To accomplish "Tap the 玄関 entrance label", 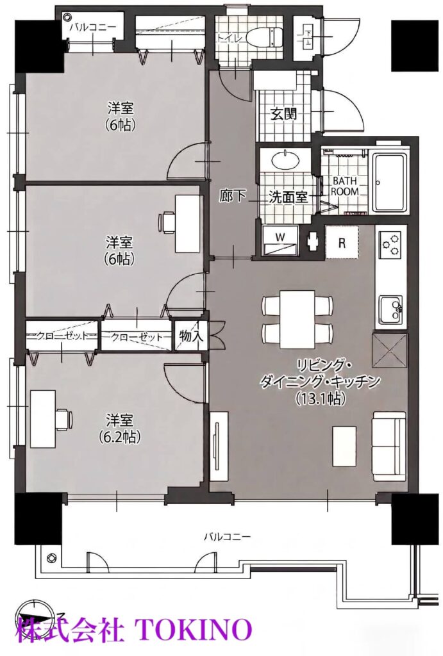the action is (x=283, y=113).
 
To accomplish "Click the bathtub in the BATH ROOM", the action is (x=389, y=184).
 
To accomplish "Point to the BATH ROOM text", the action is (x=345, y=186).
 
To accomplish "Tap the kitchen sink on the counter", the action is (x=390, y=309).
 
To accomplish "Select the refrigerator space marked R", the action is (x=342, y=243).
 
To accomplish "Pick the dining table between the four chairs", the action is (x=297, y=319).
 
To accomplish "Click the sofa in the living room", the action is (x=389, y=446).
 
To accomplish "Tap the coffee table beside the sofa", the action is (x=345, y=446).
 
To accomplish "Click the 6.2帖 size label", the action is (x=119, y=436).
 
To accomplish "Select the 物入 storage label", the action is (x=191, y=336).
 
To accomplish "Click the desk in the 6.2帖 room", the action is (x=42, y=418).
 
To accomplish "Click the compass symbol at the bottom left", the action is (x=37, y=617).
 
